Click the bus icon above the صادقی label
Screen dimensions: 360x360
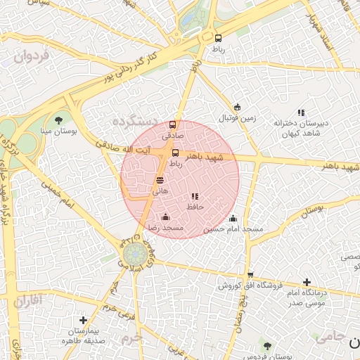(173, 124)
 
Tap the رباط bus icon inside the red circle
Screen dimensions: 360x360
(175, 153)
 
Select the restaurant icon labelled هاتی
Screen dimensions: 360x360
(160, 180)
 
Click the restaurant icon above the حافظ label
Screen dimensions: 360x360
(195, 196)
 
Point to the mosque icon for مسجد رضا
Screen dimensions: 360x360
(165, 217)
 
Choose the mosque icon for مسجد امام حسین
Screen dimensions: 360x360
(233, 218)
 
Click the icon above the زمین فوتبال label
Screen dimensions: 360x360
(237, 108)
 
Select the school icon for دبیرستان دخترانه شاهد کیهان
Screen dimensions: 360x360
(301, 112)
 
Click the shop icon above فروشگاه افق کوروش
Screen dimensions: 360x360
(250, 274)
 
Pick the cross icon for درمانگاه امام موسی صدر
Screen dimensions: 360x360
(307, 282)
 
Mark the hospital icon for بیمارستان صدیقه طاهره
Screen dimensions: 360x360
(83, 320)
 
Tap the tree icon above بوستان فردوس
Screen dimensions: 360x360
(266, 345)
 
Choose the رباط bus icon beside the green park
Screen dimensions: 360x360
(218, 39)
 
